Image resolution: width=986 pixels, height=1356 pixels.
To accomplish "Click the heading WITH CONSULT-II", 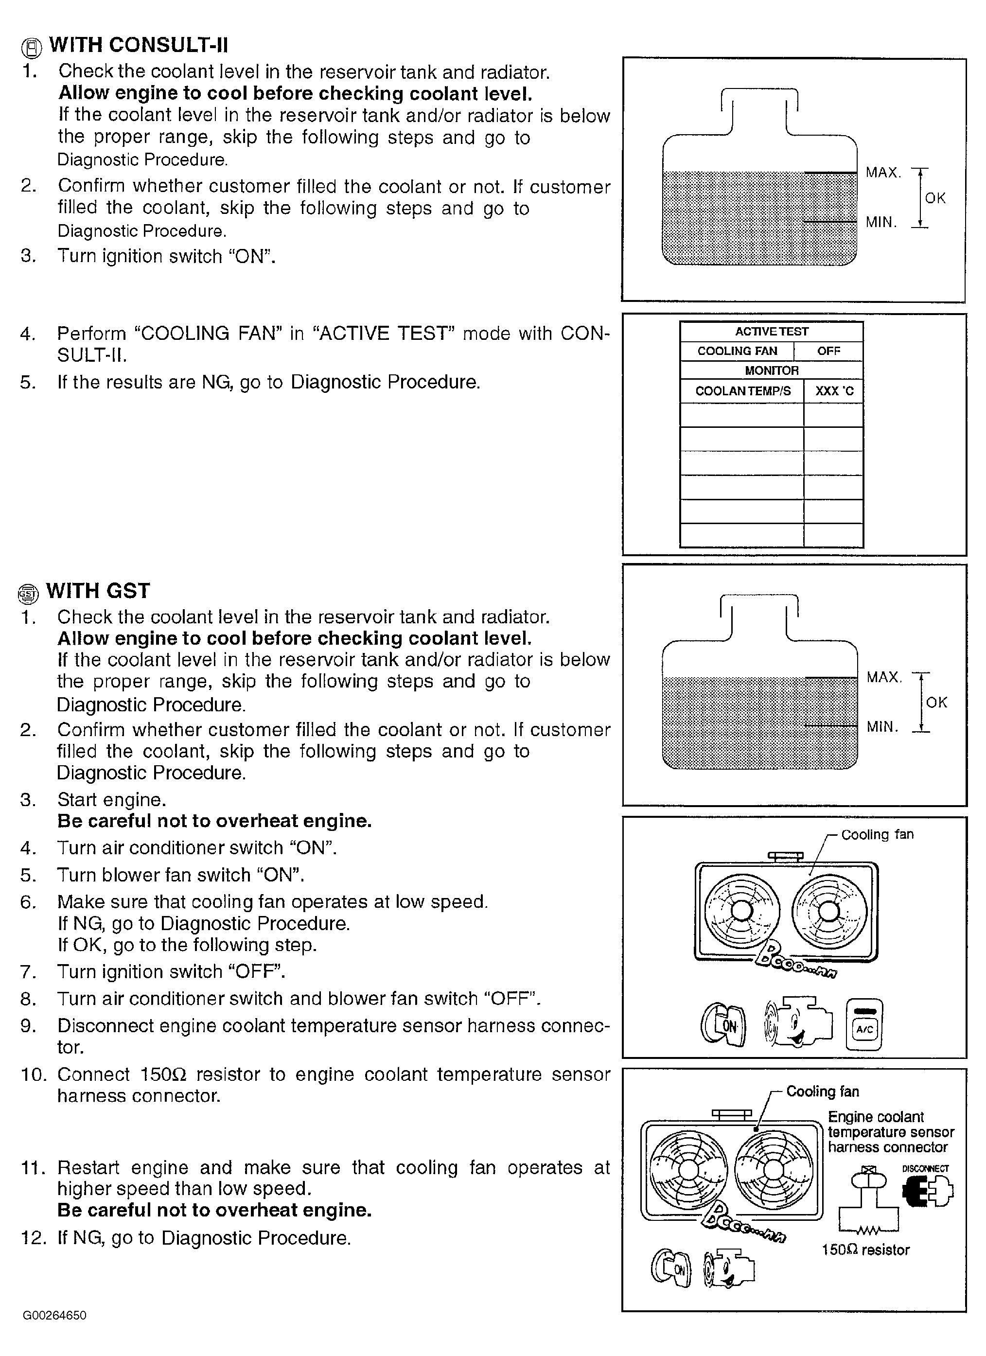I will (x=138, y=45).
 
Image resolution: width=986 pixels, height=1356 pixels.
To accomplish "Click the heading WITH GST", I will (x=97, y=591).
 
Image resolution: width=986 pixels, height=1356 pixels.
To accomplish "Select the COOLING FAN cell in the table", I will (x=737, y=351).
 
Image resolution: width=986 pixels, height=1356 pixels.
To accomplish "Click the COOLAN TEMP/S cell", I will (x=742, y=391).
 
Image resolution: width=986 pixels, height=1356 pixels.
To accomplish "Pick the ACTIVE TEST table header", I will (x=771, y=331).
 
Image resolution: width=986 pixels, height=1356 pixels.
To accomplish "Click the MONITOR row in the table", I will (x=771, y=370).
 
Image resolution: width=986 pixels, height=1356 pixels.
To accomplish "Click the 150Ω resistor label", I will (x=865, y=1250).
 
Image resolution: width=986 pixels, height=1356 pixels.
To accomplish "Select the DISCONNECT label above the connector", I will (x=925, y=1168).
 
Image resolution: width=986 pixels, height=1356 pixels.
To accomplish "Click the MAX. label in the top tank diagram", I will (x=883, y=173).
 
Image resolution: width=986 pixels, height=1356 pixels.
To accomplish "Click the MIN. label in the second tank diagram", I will (x=882, y=727).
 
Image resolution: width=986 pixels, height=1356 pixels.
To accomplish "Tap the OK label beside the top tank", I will (x=935, y=198).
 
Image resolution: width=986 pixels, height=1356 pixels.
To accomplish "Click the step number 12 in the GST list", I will (x=33, y=1238).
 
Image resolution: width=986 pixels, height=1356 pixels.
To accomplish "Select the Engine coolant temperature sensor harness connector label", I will (x=890, y=1132).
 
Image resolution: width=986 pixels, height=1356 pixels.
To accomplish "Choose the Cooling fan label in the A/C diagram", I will (x=877, y=835).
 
